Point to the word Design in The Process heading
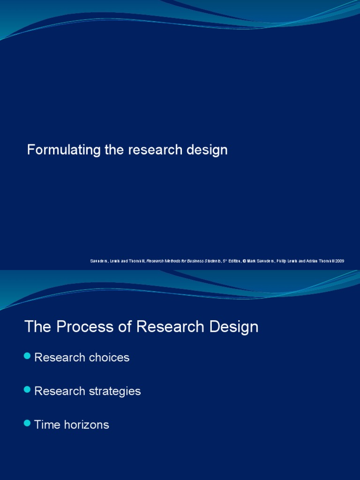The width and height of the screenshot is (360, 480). click(x=234, y=327)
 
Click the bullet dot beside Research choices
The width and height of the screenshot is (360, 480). click(x=27, y=357)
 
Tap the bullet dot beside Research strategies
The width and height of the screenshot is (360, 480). click(x=27, y=390)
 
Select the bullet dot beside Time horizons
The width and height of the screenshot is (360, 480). click(x=27, y=424)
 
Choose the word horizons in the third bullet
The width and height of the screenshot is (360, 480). click(x=86, y=425)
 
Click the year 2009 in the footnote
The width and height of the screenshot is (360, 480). click(x=339, y=261)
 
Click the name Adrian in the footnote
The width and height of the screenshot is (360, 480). click(x=308, y=261)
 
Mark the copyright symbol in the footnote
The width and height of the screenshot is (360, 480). click(x=244, y=261)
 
